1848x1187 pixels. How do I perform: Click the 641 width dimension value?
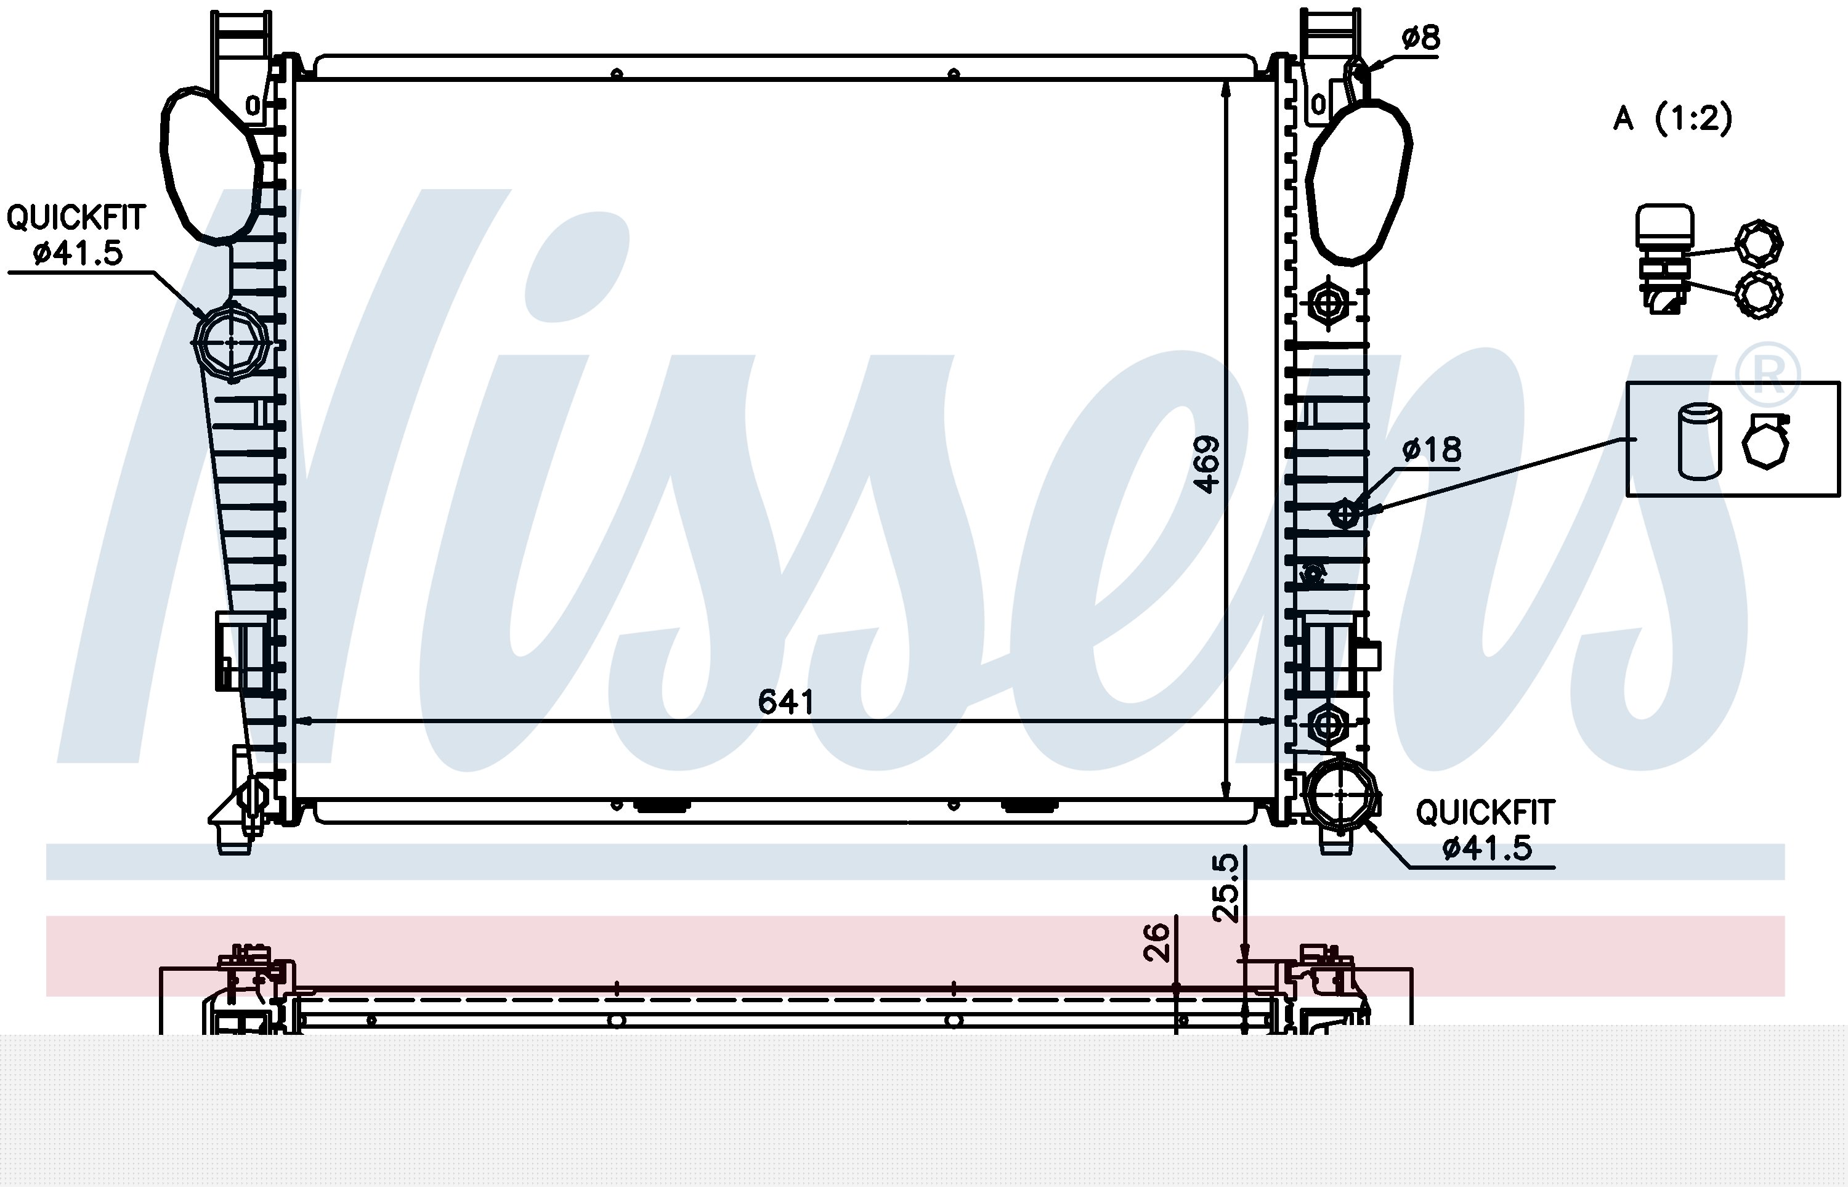(785, 702)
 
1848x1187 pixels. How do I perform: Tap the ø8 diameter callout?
(1420, 37)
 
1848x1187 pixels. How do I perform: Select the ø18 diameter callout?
(1431, 450)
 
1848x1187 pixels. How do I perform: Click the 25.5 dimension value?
(1225, 887)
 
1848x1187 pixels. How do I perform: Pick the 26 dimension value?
(1156, 942)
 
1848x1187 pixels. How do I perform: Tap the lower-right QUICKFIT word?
(1485, 812)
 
